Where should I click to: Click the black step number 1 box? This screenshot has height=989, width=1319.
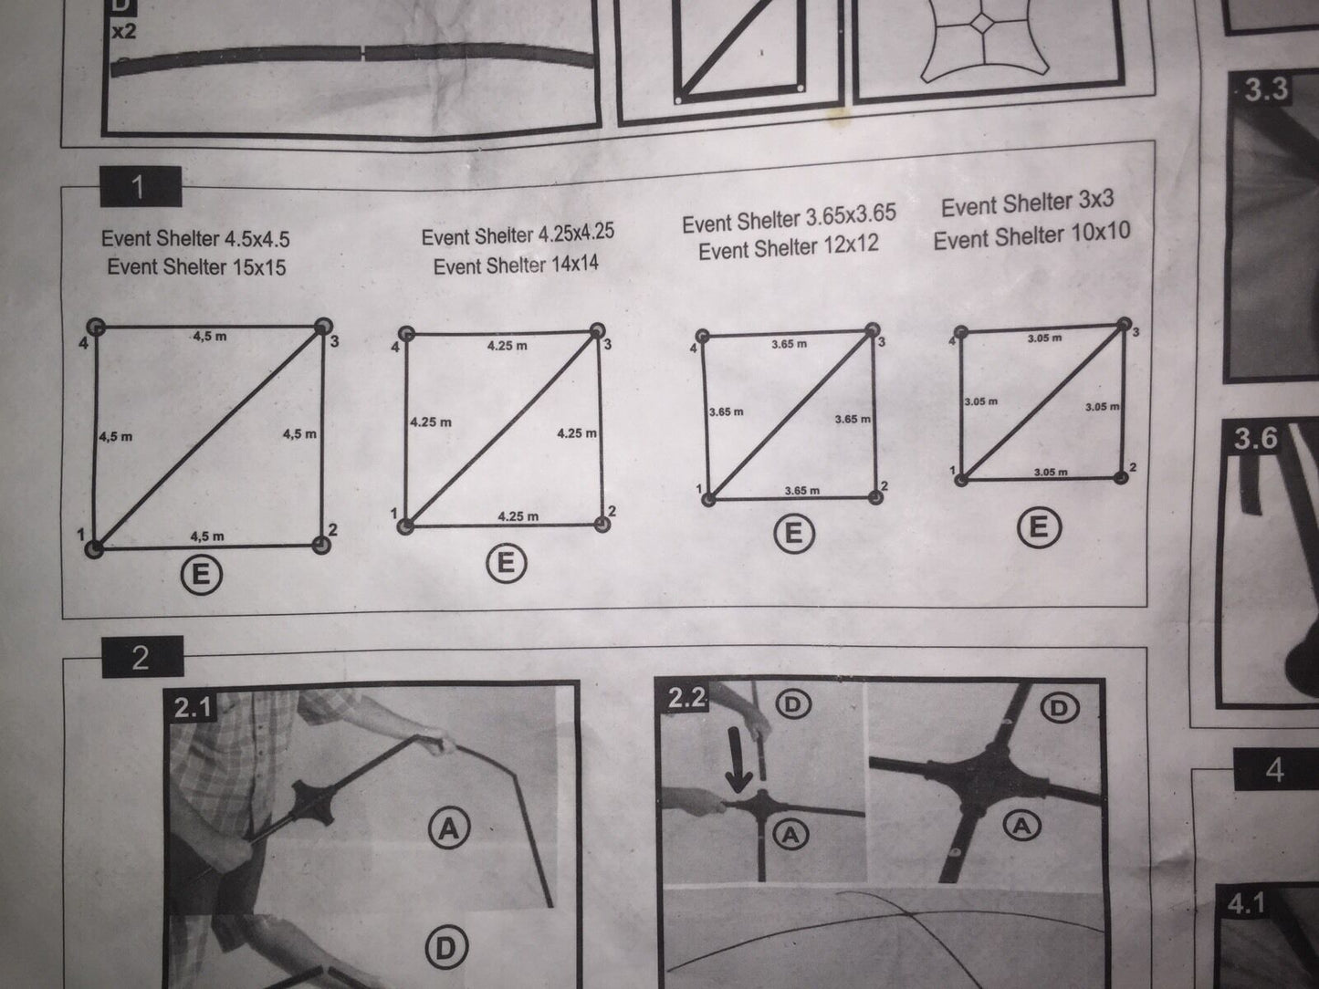coord(141,187)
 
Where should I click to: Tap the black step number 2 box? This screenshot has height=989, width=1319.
coord(142,657)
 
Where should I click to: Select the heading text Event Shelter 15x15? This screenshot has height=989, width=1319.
coord(196,267)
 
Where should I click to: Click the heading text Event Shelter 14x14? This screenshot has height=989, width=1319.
coord(516,265)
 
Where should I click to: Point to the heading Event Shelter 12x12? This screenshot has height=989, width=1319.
coord(789,247)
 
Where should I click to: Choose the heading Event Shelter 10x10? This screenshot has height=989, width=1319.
coord(1031,235)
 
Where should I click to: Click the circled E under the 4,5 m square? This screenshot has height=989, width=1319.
coord(202,575)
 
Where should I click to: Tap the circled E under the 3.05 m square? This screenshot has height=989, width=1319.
coord(1039,528)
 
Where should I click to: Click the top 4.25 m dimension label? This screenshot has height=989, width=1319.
coord(508,346)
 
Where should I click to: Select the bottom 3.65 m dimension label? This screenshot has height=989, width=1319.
coord(802,491)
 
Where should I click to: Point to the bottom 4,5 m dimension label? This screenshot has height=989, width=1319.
coord(207,536)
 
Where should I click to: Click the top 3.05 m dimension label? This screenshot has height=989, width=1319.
coord(1044,338)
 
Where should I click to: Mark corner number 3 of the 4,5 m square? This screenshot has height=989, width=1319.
coord(323,327)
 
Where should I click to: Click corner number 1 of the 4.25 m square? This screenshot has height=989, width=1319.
coord(406,526)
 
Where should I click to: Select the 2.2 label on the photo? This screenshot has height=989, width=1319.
coord(685,697)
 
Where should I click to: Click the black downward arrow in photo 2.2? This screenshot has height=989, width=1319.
coord(739,758)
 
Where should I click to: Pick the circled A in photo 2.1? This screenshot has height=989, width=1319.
coord(449,829)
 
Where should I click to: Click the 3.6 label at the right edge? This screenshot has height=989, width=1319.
coord(1255,438)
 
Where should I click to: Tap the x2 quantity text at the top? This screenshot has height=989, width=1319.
coord(124,31)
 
